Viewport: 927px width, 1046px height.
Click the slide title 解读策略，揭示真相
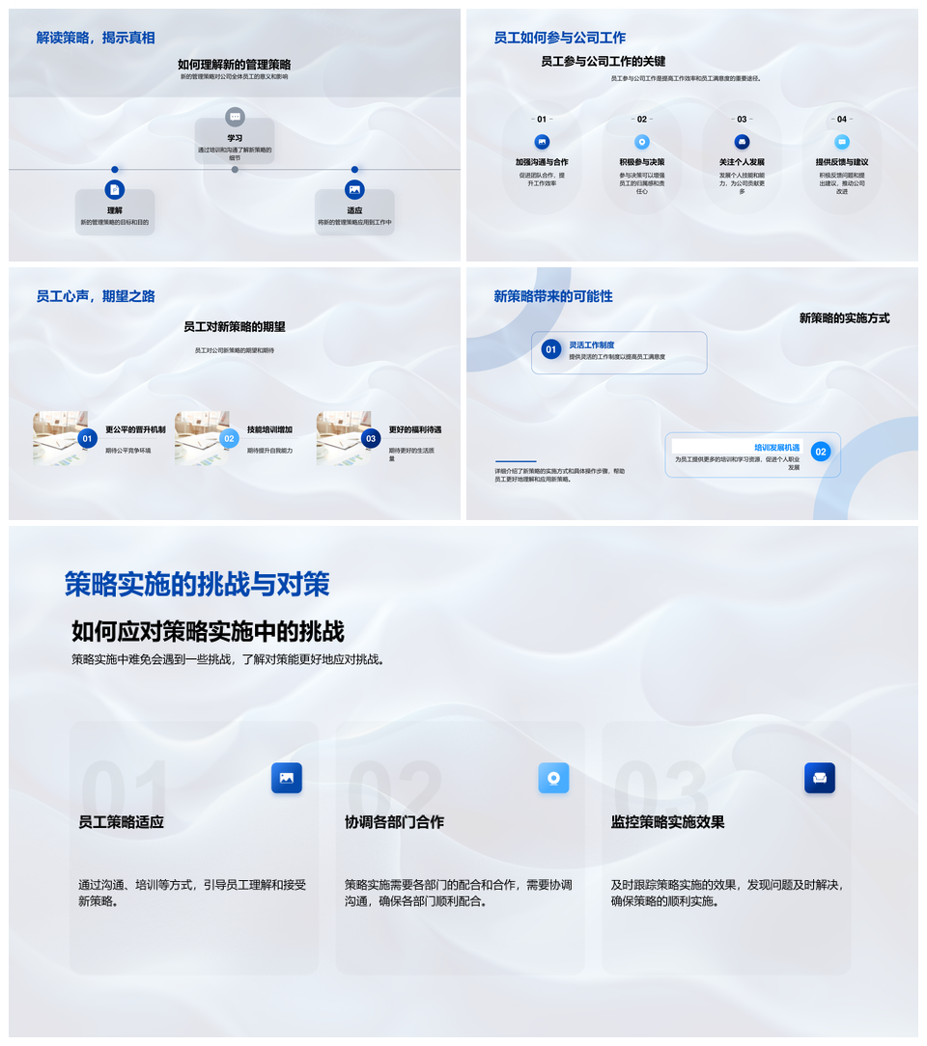click(96, 38)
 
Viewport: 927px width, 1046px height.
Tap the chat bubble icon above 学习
click(235, 117)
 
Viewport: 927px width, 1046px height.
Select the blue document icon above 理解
click(115, 190)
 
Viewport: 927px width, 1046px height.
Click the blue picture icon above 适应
click(354, 190)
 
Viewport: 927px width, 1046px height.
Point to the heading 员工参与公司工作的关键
click(603, 61)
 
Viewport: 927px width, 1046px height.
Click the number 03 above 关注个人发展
click(742, 120)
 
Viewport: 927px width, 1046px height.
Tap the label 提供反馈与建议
click(842, 162)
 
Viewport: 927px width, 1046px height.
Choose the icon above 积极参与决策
click(642, 142)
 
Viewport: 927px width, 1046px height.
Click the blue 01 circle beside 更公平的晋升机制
click(87, 439)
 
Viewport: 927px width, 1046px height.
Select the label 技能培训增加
click(269, 429)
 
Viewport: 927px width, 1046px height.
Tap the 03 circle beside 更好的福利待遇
click(371, 439)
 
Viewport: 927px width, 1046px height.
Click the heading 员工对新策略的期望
click(235, 327)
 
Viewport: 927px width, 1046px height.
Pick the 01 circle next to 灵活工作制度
click(550, 349)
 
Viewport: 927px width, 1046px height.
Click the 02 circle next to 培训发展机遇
click(821, 452)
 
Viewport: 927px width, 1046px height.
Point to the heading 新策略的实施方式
click(844, 317)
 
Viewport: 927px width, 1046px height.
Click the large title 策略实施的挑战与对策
click(197, 584)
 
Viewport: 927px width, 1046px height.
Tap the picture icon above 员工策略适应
click(287, 778)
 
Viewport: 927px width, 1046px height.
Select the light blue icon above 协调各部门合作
click(553, 778)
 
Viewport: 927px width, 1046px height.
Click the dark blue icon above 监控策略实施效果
click(820, 778)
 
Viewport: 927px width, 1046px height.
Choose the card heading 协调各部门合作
click(394, 822)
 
